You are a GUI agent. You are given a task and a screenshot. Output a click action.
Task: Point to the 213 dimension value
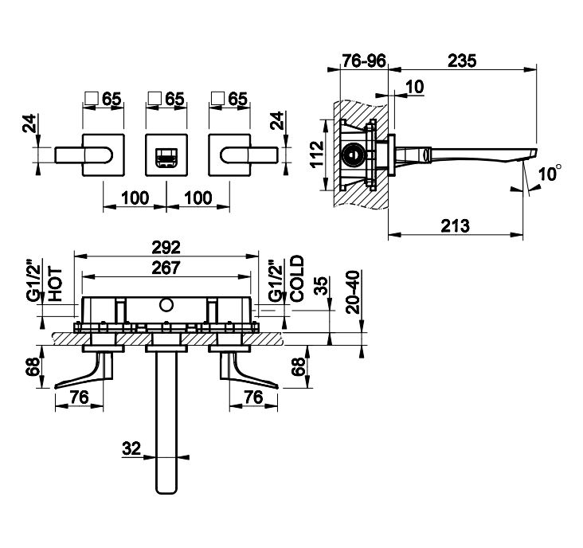click(456, 225)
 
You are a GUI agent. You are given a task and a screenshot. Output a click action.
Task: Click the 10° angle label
click(546, 172)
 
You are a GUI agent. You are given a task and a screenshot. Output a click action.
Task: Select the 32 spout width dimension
click(133, 449)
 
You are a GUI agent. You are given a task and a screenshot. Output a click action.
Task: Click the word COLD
click(296, 280)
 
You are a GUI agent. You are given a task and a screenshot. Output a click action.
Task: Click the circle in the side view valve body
click(350, 153)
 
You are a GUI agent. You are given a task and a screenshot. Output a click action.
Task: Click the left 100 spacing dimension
click(135, 197)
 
